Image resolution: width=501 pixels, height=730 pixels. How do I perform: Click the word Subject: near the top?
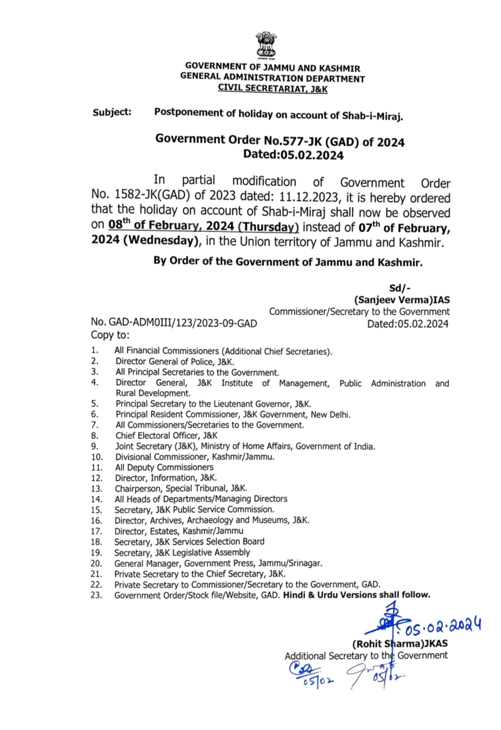coord(112,112)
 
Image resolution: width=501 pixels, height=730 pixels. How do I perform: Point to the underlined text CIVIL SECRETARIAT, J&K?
coord(272,89)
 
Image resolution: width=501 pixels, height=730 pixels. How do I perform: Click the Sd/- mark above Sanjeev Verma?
coord(400,288)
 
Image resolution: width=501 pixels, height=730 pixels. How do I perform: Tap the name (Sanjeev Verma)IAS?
coord(401,300)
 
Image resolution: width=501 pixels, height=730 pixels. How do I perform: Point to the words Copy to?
coord(110,335)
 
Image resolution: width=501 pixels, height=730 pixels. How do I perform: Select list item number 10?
coord(96,457)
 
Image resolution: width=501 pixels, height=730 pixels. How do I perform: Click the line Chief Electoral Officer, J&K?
coord(166,435)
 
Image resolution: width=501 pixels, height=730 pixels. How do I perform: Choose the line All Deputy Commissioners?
coord(164,467)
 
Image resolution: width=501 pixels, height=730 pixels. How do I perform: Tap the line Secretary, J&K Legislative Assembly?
coord(182,552)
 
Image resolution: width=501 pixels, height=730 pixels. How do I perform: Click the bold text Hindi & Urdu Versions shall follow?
coord(357,595)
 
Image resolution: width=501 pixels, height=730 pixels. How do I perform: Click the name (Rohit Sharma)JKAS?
coord(400,643)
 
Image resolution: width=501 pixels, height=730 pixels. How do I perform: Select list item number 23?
coord(96,595)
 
